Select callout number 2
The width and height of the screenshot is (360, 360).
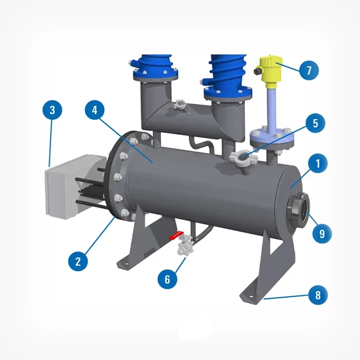click(x=78, y=260)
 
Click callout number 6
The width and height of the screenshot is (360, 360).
click(x=168, y=278)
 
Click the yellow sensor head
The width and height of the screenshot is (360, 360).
click(x=268, y=68)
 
